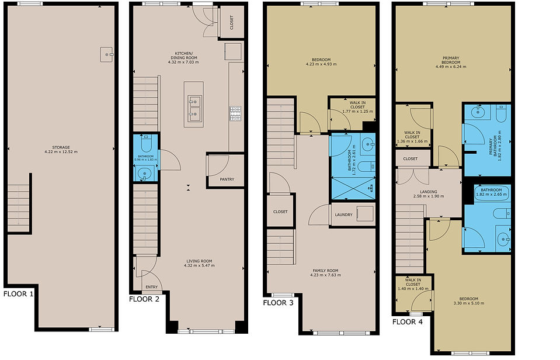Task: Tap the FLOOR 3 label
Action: click(x=278, y=303)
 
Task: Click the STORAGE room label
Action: click(x=61, y=147)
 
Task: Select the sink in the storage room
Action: click(x=106, y=54)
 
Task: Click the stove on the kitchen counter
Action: click(x=235, y=113)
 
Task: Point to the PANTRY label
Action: click(x=227, y=179)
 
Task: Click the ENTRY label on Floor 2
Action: click(x=152, y=287)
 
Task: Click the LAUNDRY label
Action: click(x=343, y=215)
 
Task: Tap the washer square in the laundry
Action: click(x=365, y=214)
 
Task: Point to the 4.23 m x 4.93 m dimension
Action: click(x=321, y=64)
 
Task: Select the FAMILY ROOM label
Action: click(x=325, y=271)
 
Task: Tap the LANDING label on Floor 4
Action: click(x=429, y=192)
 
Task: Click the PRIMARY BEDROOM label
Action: click(x=451, y=60)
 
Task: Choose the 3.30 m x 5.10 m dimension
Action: click(x=469, y=303)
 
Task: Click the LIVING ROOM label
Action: click(x=199, y=261)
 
